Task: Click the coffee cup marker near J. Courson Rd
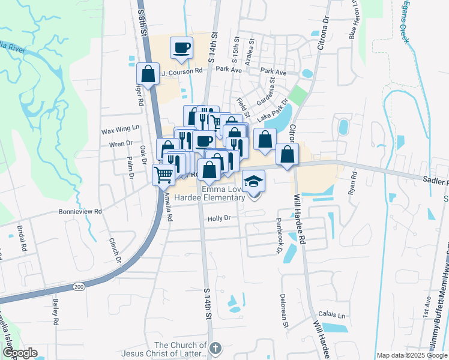coord(181,47)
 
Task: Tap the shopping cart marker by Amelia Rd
coord(163,175)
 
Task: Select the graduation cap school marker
coord(254,181)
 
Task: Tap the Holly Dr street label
coord(219,219)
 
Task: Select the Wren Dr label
coord(121,144)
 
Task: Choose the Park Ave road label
coord(229,70)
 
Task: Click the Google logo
coord(19,353)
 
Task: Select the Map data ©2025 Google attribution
coord(412,355)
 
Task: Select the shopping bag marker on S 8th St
coord(148,74)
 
